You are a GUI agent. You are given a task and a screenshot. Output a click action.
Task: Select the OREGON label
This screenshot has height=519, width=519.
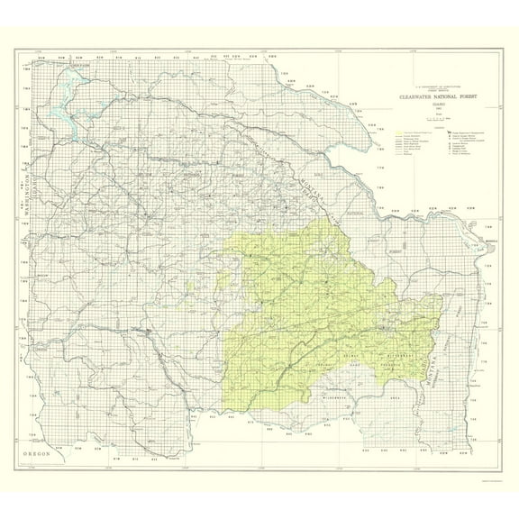pyautogui.click(x=45, y=457)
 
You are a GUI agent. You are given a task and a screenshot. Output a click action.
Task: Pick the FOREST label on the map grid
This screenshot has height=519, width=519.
pyautogui.click(x=393, y=251)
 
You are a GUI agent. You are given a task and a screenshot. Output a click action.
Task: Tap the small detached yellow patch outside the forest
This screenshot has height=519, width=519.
pyautogui.click(x=192, y=285)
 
